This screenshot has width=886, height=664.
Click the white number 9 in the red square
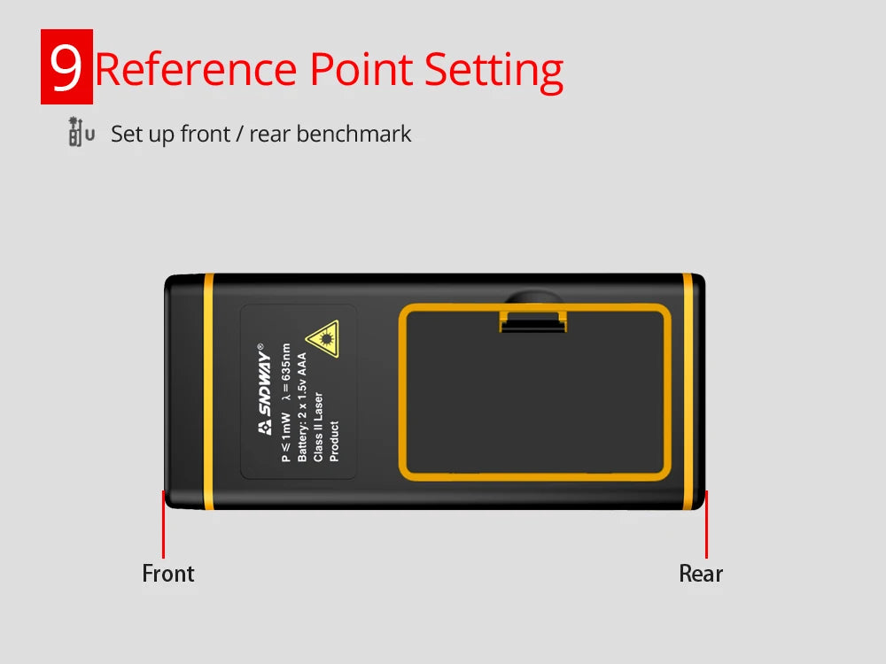point(66,67)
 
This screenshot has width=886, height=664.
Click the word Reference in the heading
point(196,69)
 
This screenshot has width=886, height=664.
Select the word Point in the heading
point(361,69)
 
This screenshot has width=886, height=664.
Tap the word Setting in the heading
point(494,72)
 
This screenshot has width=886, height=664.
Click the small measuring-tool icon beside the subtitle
point(81,132)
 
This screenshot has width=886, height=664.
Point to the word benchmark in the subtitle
point(354,134)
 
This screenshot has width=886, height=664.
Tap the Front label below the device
point(167,574)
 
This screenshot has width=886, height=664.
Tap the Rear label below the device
point(701,574)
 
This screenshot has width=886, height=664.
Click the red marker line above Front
point(163,524)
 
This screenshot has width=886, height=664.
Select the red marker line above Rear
point(706,524)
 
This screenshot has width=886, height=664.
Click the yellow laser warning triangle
point(323,338)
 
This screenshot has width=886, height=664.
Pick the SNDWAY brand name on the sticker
point(264,390)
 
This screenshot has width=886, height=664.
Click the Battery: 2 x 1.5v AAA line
point(302,407)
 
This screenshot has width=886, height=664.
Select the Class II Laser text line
point(318,427)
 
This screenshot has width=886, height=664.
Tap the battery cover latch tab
point(532,320)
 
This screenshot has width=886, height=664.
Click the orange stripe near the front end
point(208,391)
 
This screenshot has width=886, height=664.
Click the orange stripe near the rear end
point(688,391)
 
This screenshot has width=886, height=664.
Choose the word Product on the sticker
point(335,441)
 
